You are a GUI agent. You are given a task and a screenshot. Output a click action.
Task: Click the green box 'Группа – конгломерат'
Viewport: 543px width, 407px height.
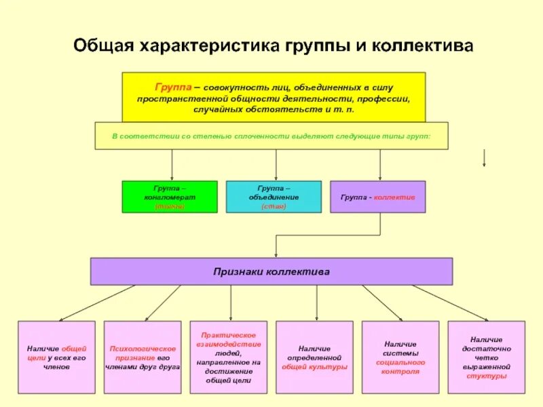(x=170, y=197)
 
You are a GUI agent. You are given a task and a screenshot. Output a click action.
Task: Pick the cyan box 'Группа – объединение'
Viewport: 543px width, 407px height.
(x=274, y=197)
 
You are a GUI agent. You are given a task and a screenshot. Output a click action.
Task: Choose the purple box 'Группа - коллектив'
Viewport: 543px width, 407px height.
(x=377, y=197)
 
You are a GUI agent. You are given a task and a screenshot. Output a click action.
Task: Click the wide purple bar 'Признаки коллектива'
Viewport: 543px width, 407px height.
(x=271, y=271)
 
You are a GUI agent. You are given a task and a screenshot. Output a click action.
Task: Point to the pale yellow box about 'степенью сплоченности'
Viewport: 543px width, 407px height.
(x=271, y=136)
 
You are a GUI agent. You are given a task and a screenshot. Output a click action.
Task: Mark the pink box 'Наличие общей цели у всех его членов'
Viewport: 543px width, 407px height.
(x=57, y=357)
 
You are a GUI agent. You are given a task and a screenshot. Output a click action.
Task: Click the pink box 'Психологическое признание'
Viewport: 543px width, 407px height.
(x=143, y=357)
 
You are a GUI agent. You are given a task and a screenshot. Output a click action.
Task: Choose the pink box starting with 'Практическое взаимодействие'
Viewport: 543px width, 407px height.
(x=229, y=357)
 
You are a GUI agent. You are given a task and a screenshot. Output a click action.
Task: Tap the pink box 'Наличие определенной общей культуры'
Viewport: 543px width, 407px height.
(x=314, y=357)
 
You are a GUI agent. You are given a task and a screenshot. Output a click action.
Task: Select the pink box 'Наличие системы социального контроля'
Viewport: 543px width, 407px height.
(x=400, y=357)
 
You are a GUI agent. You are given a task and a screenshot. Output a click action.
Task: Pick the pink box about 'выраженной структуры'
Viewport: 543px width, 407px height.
(x=486, y=357)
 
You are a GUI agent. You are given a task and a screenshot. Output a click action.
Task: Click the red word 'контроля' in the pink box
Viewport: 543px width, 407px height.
(x=400, y=371)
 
